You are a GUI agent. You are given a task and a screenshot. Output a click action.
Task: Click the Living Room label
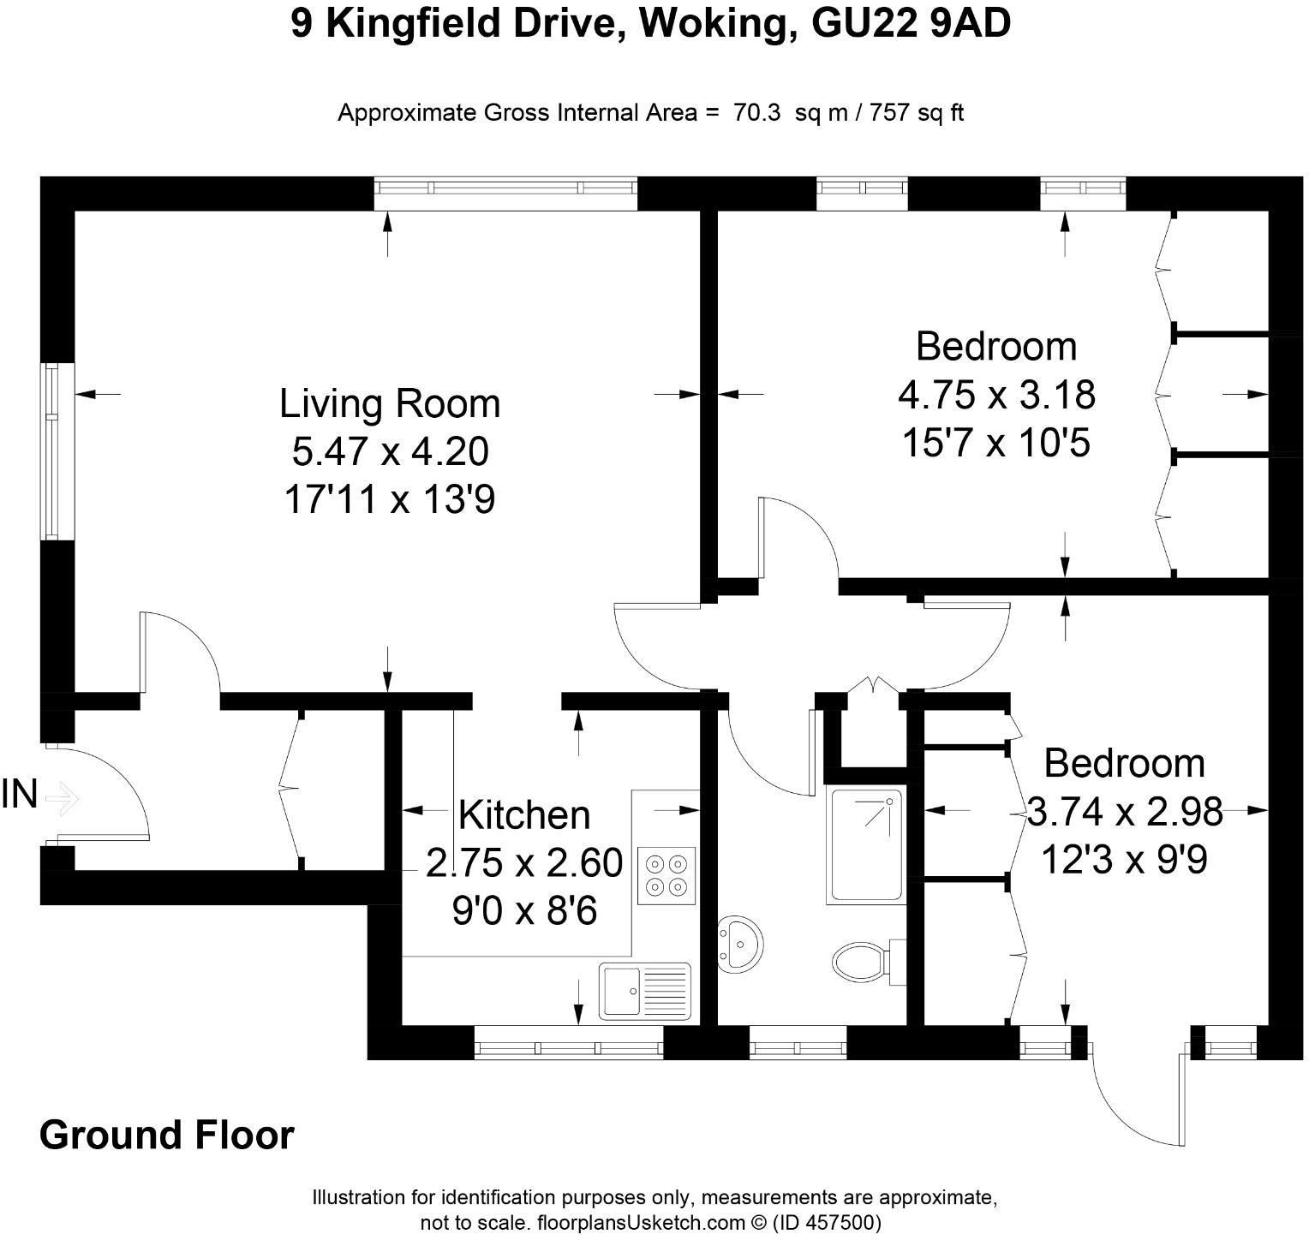pos(390,403)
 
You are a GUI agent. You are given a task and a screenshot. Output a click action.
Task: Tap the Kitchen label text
pos(524,814)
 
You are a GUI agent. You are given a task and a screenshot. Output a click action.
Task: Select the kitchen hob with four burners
pos(666,874)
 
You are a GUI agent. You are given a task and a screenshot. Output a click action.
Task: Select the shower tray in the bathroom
pos(865,844)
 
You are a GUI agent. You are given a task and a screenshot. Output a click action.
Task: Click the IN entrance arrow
pos(62,799)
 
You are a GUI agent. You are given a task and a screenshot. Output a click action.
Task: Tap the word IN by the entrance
pos(19,795)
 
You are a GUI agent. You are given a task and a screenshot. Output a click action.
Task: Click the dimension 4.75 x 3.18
pos(996,395)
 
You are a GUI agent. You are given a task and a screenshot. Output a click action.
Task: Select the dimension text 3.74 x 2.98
pos(1124,811)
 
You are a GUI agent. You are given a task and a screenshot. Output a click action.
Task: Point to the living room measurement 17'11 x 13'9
pos(389,499)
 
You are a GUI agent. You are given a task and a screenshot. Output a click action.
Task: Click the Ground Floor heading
pos(167,1135)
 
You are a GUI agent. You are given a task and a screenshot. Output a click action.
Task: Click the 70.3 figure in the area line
pos(756,113)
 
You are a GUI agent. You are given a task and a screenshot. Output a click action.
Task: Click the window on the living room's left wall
pos(53,450)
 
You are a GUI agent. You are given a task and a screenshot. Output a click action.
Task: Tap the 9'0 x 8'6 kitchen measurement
pos(524,911)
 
